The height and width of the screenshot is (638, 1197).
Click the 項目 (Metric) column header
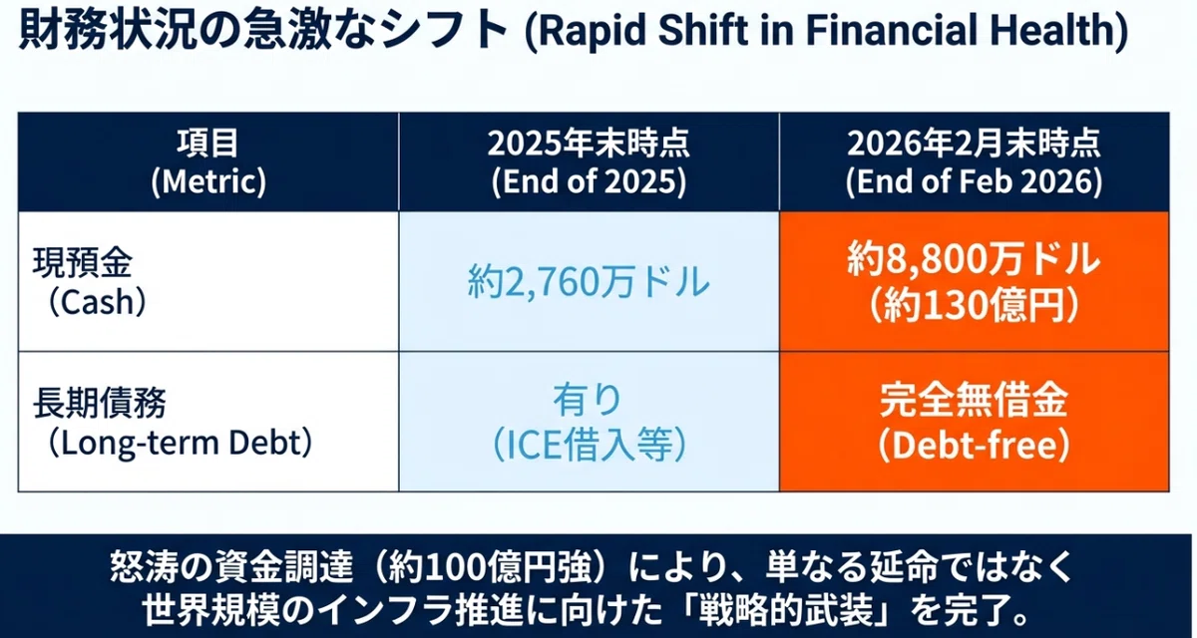click(208, 162)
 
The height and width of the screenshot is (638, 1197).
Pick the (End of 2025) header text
click(589, 181)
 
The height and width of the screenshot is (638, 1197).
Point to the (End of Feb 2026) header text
click(974, 181)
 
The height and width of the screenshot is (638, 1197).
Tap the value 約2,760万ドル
click(589, 282)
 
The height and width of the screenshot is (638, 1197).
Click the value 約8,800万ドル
click(974, 259)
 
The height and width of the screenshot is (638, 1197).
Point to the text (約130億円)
click(974, 305)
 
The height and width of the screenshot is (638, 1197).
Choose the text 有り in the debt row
click(589, 400)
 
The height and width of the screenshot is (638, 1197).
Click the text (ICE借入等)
click(589, 445)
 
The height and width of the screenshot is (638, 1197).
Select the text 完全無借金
click(974, 400)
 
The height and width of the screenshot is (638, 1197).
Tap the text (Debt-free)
click(974, 445)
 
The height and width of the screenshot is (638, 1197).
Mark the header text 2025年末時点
click(589, 144)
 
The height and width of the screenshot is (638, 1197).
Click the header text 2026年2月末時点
click(974, 144)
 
